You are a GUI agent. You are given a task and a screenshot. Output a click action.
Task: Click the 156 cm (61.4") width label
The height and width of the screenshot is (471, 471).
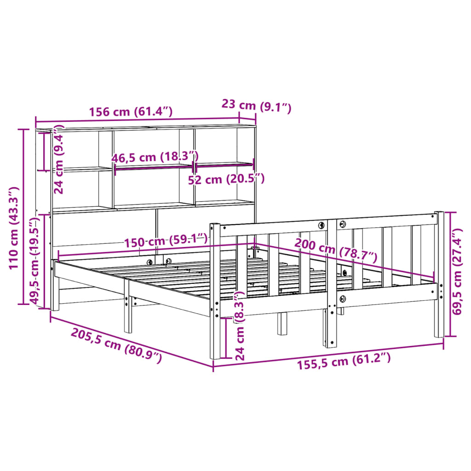131,111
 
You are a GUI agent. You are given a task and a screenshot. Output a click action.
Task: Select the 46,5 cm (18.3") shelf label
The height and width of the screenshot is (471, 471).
155,157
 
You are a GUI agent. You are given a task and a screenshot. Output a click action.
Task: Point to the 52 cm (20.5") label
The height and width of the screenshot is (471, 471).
226,179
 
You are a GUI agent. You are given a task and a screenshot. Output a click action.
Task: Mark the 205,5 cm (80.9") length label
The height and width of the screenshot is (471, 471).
116,346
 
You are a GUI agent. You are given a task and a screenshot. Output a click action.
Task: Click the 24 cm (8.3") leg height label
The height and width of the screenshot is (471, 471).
240,325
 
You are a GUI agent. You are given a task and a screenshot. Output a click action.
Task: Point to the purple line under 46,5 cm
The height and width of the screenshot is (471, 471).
153,167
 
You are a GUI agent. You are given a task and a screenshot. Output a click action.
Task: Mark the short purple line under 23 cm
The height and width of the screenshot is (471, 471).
247,120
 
